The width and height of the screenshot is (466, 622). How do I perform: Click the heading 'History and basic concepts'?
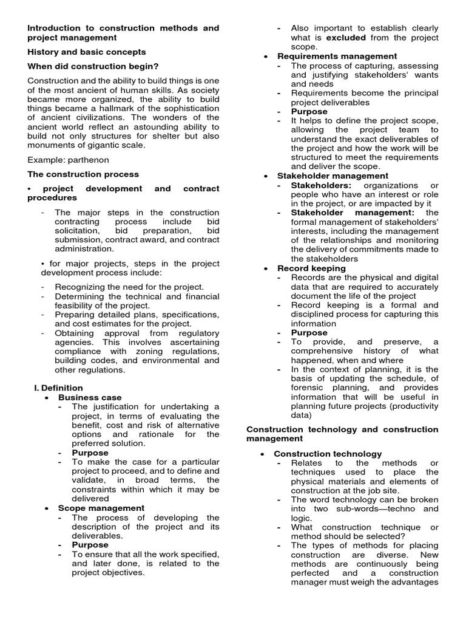[x=87, y=52]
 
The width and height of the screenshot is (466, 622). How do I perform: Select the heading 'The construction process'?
[x=83, y=174]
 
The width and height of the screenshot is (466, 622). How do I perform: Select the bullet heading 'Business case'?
[x=90, y=397]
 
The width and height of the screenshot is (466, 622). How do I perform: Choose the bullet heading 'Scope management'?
[x=101, y=508]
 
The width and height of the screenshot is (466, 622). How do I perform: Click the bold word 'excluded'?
[x=346, y=37]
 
